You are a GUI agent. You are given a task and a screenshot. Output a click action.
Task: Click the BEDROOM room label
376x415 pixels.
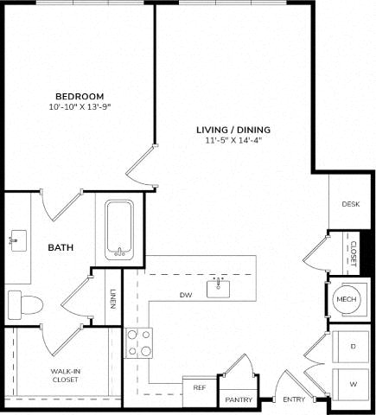tap(80, 96)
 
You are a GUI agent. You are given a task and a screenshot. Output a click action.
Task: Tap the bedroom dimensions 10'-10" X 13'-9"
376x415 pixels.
tap(80, 107)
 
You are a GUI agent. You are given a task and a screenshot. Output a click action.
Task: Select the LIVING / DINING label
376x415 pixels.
tap(233, 130)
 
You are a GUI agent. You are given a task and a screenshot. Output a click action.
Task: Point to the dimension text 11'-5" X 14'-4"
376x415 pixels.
tap(233, 141)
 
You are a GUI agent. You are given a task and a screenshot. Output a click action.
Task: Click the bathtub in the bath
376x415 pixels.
tap(119, 230)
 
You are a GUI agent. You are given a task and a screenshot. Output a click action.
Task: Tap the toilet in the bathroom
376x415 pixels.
tap(25, 304)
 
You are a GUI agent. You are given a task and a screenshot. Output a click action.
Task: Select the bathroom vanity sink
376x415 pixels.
tap(18, 240)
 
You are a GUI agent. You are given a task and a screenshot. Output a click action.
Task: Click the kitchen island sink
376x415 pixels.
tap(219, 288)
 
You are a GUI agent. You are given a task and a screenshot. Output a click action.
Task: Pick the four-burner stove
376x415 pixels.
tap(138, 343)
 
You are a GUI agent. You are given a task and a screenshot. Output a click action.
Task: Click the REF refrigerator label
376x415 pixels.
tap(200, 387)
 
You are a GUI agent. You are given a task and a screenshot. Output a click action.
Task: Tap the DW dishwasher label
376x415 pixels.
tap(186, 295)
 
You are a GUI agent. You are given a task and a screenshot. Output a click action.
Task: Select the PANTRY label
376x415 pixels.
tap(239, 399)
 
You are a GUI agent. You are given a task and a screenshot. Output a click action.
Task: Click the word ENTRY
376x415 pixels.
tap(294, 399)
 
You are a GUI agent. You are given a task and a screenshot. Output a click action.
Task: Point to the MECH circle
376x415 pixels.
tap(347, 300)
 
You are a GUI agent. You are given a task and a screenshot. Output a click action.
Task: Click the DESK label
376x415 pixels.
tap(351, 204)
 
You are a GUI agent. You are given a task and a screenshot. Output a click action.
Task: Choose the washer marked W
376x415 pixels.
tap(351, 385)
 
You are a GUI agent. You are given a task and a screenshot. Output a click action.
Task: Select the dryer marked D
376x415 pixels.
tap(351, 347)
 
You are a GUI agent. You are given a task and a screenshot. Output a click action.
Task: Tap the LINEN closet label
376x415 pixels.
tap(113, 299)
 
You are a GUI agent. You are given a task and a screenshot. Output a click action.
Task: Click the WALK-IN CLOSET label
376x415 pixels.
tap(65, 375)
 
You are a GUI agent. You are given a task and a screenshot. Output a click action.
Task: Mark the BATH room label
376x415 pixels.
tap(61, 247)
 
